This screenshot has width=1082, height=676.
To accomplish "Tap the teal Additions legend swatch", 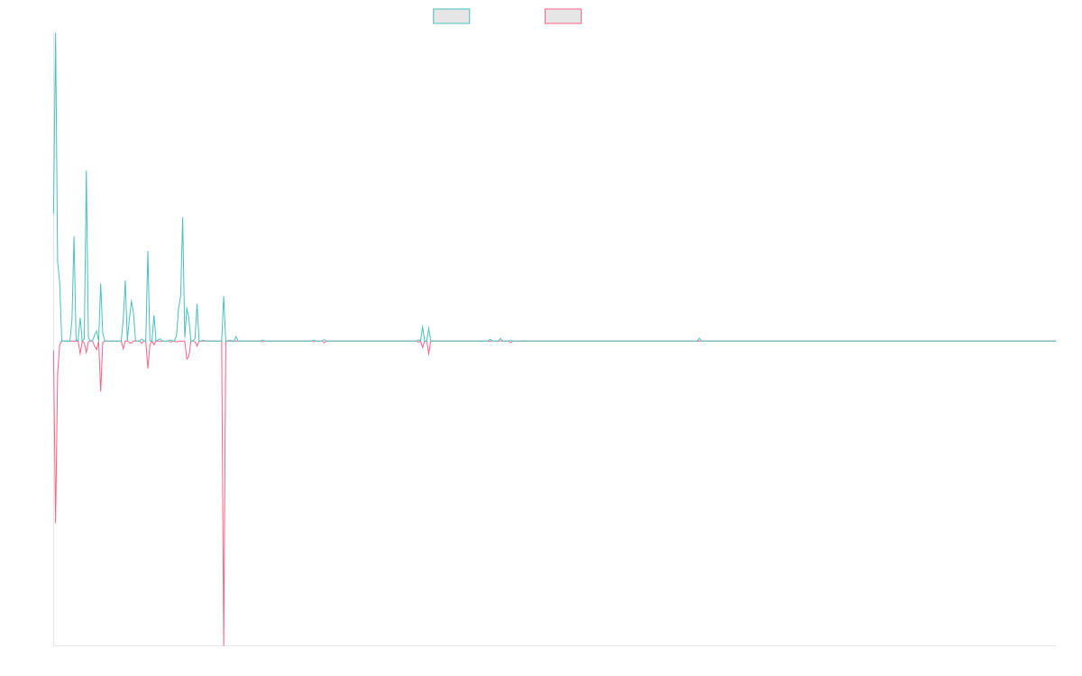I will click(x=452, y=16).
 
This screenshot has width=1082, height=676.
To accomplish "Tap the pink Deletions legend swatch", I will click(x=563, y=16).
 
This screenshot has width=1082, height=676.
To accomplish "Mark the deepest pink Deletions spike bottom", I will click(x=223, y=644).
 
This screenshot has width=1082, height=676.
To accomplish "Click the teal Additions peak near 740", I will click(x=87, y=171).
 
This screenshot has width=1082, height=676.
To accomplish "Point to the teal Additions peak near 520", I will click(x=183, y=218).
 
